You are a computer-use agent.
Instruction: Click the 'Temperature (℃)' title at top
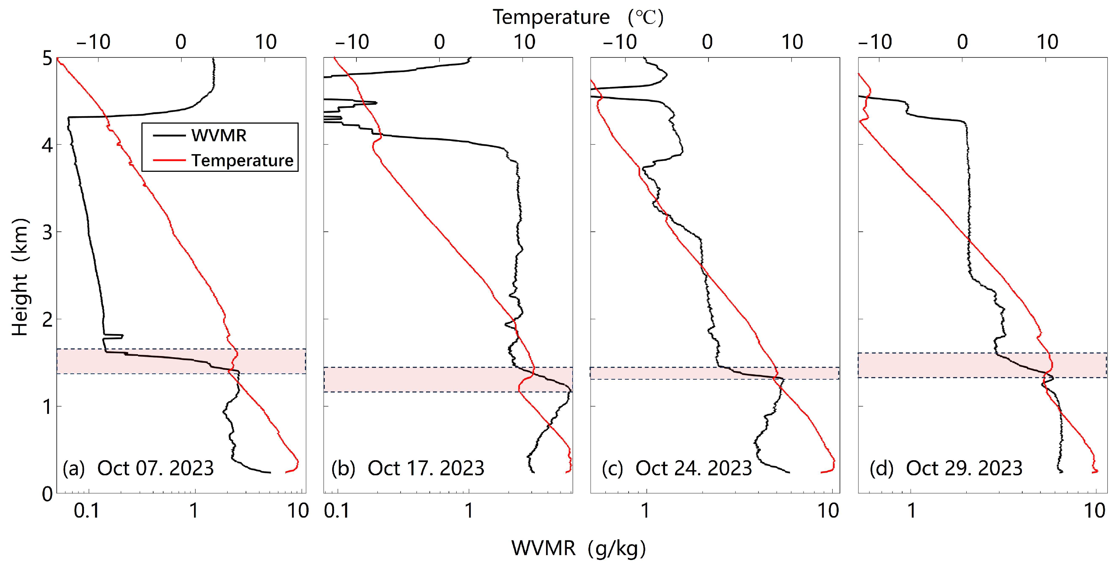(578, 17)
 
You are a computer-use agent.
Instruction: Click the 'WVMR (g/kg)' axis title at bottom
(579, 549)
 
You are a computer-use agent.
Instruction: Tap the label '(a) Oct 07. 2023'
(138, 468)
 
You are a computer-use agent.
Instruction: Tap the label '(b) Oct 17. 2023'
(408, 468)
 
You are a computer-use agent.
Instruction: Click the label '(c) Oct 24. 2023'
(676, 468)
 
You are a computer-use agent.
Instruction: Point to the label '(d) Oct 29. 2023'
(946, 468)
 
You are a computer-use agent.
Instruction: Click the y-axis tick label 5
(47, 59)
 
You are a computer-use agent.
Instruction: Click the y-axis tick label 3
(47, 233)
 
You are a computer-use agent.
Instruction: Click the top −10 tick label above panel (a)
(93, 42)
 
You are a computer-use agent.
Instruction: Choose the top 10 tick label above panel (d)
(1047, 42)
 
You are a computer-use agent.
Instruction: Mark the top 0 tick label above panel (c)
(707, 42)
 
